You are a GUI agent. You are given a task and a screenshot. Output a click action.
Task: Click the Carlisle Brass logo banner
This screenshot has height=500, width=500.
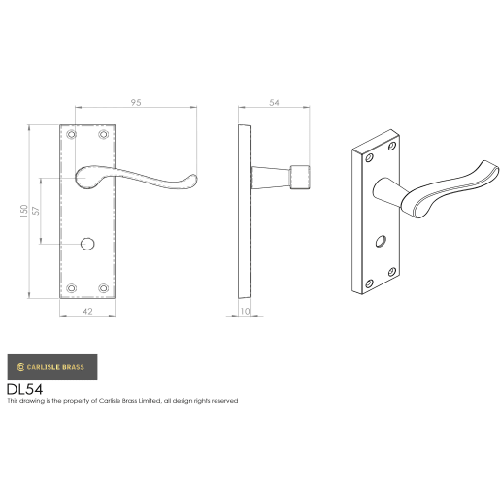51,366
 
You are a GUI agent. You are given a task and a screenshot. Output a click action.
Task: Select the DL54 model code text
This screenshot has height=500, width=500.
25,388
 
